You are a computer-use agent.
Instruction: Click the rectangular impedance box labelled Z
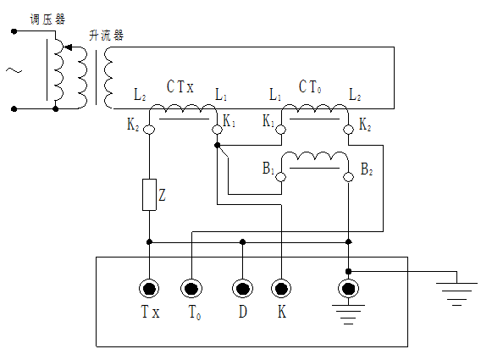149,194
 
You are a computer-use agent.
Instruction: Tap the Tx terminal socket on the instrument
150,289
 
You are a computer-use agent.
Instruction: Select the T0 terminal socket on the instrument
192,289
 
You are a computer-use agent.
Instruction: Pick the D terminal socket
243,289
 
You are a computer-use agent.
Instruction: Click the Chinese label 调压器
45,18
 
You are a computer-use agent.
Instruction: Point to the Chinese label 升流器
107,35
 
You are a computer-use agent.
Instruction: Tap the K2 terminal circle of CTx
149,130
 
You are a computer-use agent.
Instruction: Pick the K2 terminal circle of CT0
348,130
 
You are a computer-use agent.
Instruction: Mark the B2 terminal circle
348,175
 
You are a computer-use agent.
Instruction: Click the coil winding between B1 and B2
314,159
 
